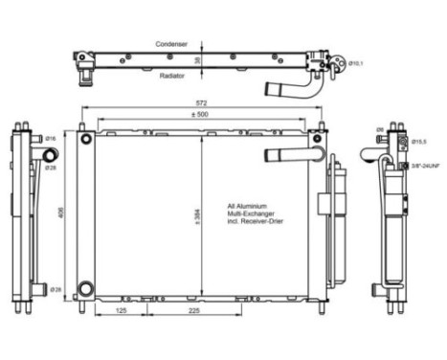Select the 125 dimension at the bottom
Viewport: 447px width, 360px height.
122,311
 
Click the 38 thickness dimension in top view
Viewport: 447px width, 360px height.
197,59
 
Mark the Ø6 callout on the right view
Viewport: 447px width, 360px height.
379,130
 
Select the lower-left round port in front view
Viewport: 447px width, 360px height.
87,288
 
